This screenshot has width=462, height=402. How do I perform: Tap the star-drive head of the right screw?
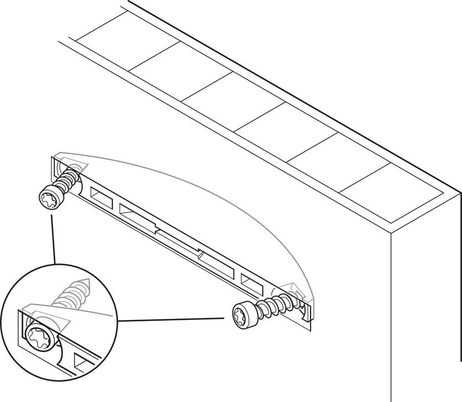coord(242,316)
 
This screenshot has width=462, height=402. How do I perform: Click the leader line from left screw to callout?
coord(53,240)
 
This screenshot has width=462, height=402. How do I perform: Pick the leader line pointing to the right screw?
coord(171,319)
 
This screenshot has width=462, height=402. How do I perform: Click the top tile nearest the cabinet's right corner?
coord(391,190)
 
